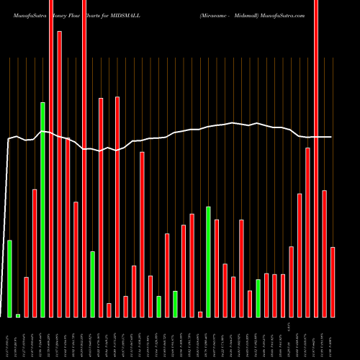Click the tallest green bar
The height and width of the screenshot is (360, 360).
point(42,209)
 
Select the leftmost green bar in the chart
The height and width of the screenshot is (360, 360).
point(9,278)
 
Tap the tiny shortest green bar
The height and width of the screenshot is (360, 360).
point(18,315)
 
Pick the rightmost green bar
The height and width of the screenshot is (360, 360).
point(258,298)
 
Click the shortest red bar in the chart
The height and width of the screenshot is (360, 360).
point(200,314)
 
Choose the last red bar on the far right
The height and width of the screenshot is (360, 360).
point(333,282)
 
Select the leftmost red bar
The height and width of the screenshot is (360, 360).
point(26,297)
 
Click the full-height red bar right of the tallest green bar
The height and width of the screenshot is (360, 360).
point(51,158)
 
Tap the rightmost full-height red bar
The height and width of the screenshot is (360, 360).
point(316,158)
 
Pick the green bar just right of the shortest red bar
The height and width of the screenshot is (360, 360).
point(209,261)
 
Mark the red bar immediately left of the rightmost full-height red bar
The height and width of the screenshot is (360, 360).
point(307,232)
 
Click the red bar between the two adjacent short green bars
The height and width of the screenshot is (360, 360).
point(167,275)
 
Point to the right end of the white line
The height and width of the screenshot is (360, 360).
point(331,137)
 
